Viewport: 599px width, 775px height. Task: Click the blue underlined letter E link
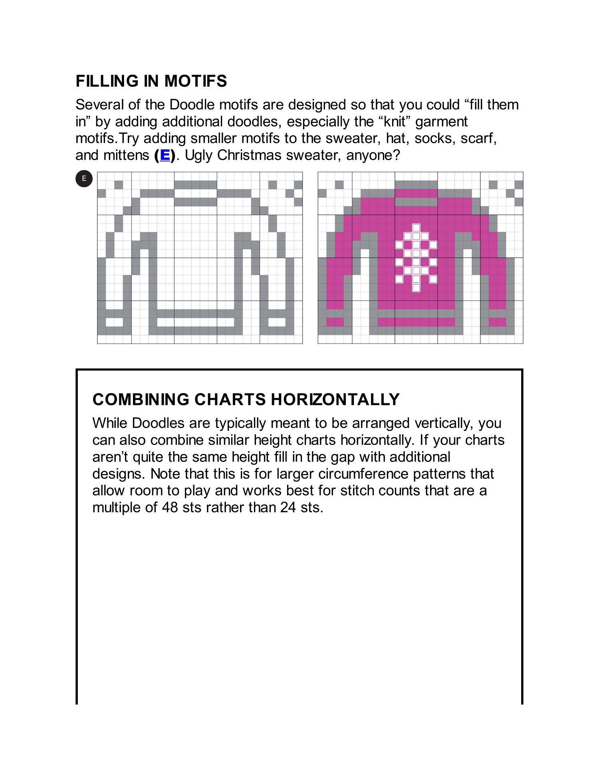165,155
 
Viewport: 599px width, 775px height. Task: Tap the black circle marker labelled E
84,178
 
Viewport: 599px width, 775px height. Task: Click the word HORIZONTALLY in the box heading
335,399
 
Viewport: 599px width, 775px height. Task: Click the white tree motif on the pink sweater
416,258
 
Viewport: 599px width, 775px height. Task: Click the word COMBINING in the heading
141,399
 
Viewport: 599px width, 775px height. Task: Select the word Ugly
199,155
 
